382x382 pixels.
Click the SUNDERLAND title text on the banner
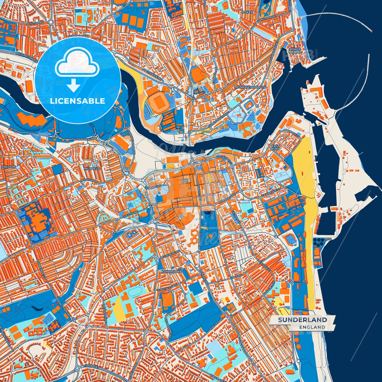click(302, 320)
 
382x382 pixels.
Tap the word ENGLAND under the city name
click(312, 327)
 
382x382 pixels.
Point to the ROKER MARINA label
click(295, 50)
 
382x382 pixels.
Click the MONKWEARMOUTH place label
click(250, 87)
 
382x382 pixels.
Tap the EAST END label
click(275, 147)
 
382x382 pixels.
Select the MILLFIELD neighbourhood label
click(92, 168)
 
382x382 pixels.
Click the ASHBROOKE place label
click(172, 271)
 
